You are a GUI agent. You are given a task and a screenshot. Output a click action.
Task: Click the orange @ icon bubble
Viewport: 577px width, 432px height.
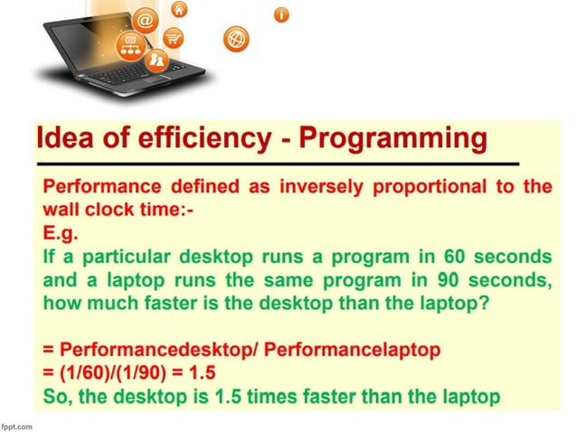146,19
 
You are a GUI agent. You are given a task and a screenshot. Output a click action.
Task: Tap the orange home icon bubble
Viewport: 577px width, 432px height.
179,9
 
